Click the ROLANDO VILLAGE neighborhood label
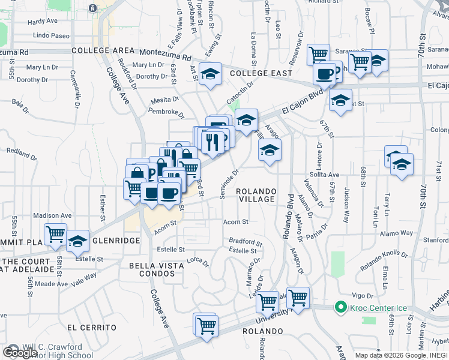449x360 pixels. coord(256,196)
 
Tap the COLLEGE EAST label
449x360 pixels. coord(261,73)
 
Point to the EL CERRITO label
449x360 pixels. coord(91,328)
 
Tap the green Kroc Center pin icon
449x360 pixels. coord(341,308)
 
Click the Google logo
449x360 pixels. coord(20,353)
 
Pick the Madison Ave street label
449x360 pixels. coord(52,215)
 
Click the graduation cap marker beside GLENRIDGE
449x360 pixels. coord(77,241)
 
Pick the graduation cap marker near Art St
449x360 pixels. coord(210,74)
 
